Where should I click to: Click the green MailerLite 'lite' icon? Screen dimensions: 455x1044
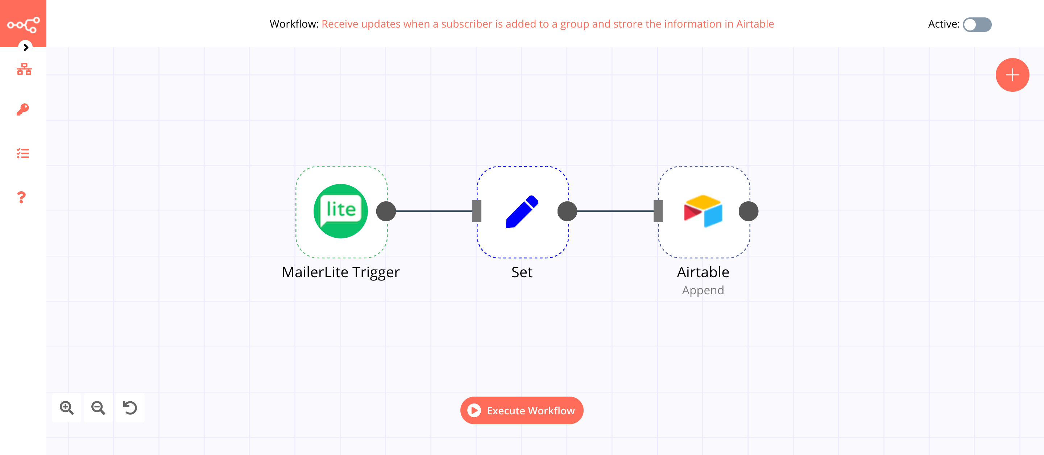[x=340, y=211]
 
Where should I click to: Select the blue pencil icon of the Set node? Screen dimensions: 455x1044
[x=522, y=211]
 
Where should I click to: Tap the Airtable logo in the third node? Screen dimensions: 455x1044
[x=703, y=211]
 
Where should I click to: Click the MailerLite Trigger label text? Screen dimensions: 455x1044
[x=340, y=272]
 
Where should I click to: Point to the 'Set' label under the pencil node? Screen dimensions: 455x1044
[x=522, y=272]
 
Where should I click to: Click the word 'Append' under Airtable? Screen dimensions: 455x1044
[x=703, y=290]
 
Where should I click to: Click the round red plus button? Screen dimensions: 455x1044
[x=1012, y=75]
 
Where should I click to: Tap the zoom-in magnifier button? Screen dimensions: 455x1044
[x=66, y=407]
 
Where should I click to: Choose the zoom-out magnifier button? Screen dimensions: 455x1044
[x=98, y=407]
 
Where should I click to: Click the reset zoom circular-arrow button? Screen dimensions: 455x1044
[x=130, y=407]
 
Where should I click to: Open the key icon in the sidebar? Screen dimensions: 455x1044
[x=23, y=110]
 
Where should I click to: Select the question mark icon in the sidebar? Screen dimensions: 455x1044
[x=21, y=197]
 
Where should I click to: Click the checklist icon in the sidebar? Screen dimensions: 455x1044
[x=23, y=153]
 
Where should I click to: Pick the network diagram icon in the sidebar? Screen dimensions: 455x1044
[x=24, y=69]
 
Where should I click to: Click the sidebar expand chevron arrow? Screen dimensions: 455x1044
[x=25, y=48]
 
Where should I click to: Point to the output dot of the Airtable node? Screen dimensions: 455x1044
[x=748, y=211]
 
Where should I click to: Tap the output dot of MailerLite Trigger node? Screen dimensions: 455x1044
[x=386, y=211]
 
